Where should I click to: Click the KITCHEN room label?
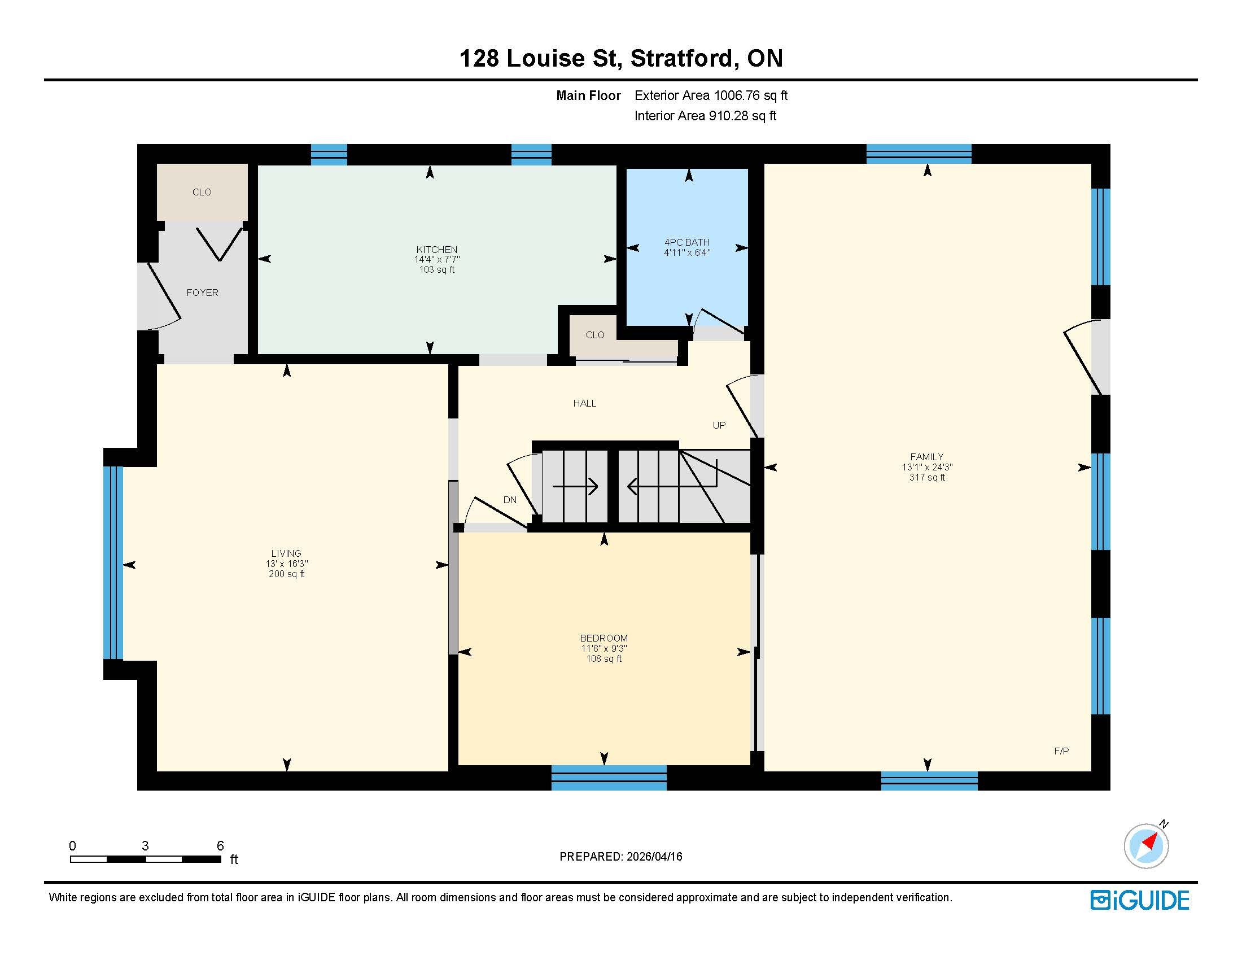[x=437, y=250]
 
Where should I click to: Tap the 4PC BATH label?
[x=687, y=242]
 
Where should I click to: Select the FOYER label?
[x=203, y=293]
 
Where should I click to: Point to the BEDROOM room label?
[x=604, y=638]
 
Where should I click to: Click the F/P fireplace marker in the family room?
[x=1061, y=751]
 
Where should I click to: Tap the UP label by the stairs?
[x=719, y=425]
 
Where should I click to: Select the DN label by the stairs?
[x=510, y=500]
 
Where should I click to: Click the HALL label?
[x=585, y=403]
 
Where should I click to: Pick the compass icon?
[x=1147, y=846]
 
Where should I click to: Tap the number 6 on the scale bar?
[x=220, y=846]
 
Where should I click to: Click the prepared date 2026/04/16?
[x=654, y=857]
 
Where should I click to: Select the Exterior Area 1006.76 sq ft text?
[x=711, y=95]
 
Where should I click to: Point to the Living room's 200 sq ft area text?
[x=287, y=574]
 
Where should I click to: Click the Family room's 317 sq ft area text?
[x=927, y=478]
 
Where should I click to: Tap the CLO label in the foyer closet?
[x=202, y=192]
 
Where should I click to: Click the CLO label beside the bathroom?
[x=595, y=335]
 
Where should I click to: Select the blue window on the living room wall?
[x=113, y=563]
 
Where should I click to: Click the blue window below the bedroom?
[x=609, y=778]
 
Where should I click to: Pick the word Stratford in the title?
[x=681, y=58]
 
